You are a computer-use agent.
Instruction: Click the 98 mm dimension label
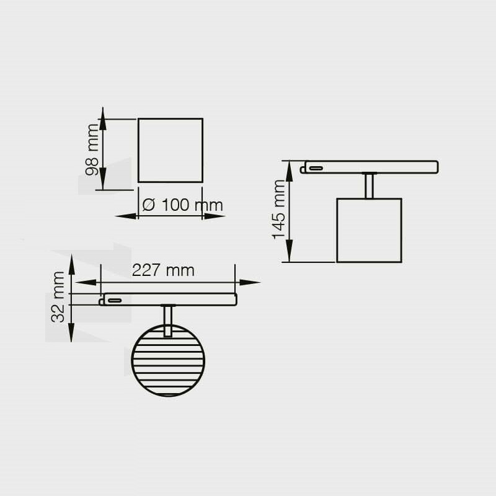tap(92, 149)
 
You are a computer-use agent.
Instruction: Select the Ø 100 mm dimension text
tap(182, 205)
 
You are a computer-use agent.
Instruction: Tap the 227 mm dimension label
tap(163, 270)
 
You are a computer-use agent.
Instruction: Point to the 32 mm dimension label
tap(57, 297)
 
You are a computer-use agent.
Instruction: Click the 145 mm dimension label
tap(278, 210)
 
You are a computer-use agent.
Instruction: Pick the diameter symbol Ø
tap(149, 205)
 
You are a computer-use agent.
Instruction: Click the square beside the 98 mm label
tap(170, 150)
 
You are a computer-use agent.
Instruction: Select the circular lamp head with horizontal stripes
tap(168, 361)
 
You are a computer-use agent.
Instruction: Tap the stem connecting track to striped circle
tap(168, 321)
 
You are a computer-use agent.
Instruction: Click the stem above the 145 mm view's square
tap(369, 185)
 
